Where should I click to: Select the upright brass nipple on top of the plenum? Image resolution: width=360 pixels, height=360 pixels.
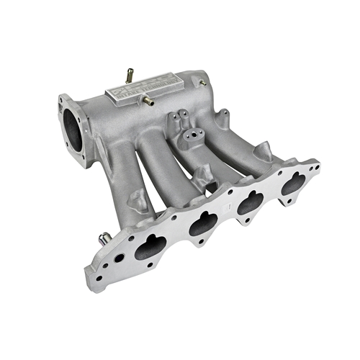pos(130,74)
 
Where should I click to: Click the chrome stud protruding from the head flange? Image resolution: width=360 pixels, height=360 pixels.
pos(103,237)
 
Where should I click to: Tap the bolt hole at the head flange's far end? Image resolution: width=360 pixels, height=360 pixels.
pos(315,167)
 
